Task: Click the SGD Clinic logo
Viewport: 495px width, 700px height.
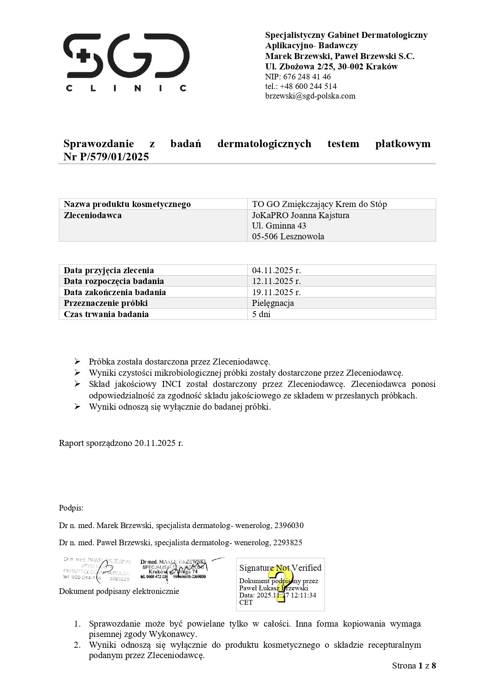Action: [126, 62]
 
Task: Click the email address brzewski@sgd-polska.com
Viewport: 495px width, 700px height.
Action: [310, 96]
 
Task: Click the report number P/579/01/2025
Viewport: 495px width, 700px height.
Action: [114, 157]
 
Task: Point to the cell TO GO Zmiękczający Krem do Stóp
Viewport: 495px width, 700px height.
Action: [319, 204]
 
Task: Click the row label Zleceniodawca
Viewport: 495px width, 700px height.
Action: [93, 215]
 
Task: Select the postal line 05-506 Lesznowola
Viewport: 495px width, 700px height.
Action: [288, 236]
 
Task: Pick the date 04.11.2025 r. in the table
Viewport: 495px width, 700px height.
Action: [276, 270]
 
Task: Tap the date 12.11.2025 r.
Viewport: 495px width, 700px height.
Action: [276, 281]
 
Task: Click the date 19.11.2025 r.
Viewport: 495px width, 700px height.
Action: [276, 292]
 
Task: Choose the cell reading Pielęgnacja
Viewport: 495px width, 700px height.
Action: [273, 303]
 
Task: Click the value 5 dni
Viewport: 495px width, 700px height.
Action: [261, 314]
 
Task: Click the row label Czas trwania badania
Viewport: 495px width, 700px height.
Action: [106, 314]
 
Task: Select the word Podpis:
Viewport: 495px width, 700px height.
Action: [71, 508]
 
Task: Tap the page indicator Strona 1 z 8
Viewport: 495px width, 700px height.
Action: [414, 665]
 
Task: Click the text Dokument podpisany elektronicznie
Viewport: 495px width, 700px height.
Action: [119, 591]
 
